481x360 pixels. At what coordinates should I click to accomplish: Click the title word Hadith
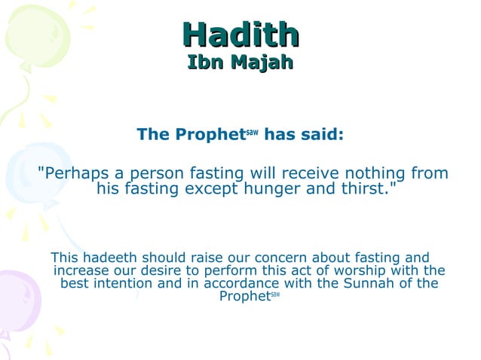241,34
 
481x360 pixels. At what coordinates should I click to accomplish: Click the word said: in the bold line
319,135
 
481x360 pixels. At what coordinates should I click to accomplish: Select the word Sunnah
363,284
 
